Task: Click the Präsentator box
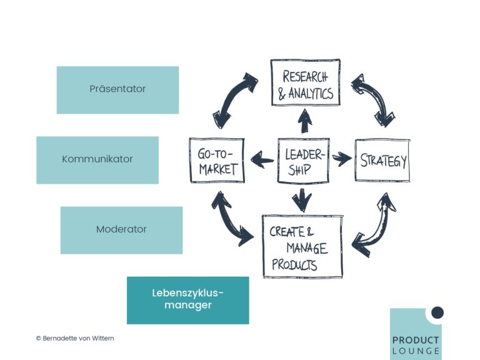click(118, 90)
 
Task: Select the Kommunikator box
click(97, 160)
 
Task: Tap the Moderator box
click(121, 230)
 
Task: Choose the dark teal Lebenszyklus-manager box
click(188, 300)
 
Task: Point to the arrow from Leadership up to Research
click(304, 121)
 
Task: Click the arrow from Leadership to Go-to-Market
click(262, 160)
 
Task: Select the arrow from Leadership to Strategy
click(342, 159)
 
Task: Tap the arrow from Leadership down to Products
click(302, 201)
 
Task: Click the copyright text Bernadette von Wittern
click(75, 338)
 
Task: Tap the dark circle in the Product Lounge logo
click(437, 312)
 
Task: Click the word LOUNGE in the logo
click(416, 351)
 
